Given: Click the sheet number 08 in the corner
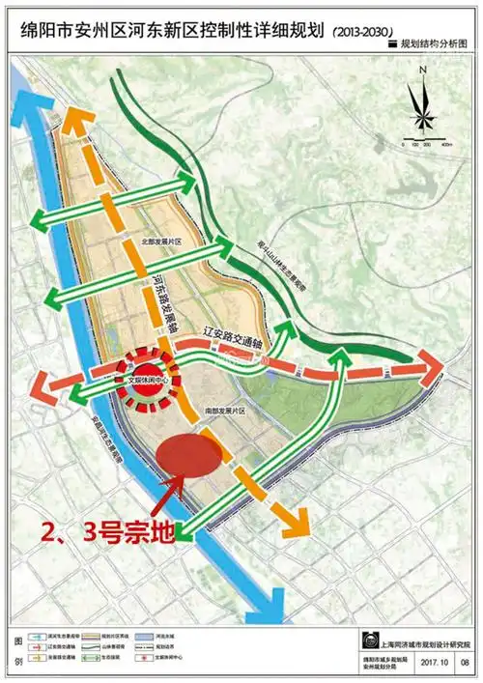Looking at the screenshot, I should (x=466, y=663).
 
